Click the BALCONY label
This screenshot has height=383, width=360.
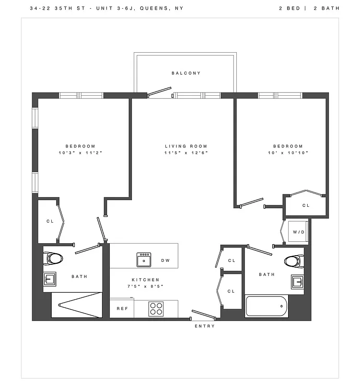point(186,73)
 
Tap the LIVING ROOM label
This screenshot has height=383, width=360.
point(186,146)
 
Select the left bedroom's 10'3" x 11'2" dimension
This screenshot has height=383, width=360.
point(80,153)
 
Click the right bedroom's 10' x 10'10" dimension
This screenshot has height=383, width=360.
point(288,153)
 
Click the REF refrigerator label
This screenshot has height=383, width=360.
point(122,309)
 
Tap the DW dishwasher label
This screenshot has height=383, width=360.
point(165,260)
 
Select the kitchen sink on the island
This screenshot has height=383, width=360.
point(144,259)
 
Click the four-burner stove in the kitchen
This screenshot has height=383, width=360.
point(156,308)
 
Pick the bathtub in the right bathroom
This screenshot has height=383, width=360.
point(267,306)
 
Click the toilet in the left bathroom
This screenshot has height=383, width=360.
point(54,259)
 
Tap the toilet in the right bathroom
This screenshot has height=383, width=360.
point(293,261)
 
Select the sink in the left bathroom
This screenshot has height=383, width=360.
point(50,279)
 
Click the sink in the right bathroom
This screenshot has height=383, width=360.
point(297,282)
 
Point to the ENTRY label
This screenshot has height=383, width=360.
point(205,326)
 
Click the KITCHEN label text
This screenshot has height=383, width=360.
point(146,280)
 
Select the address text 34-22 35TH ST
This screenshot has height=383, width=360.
point(51,9)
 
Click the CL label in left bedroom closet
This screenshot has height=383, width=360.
point(50,221)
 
